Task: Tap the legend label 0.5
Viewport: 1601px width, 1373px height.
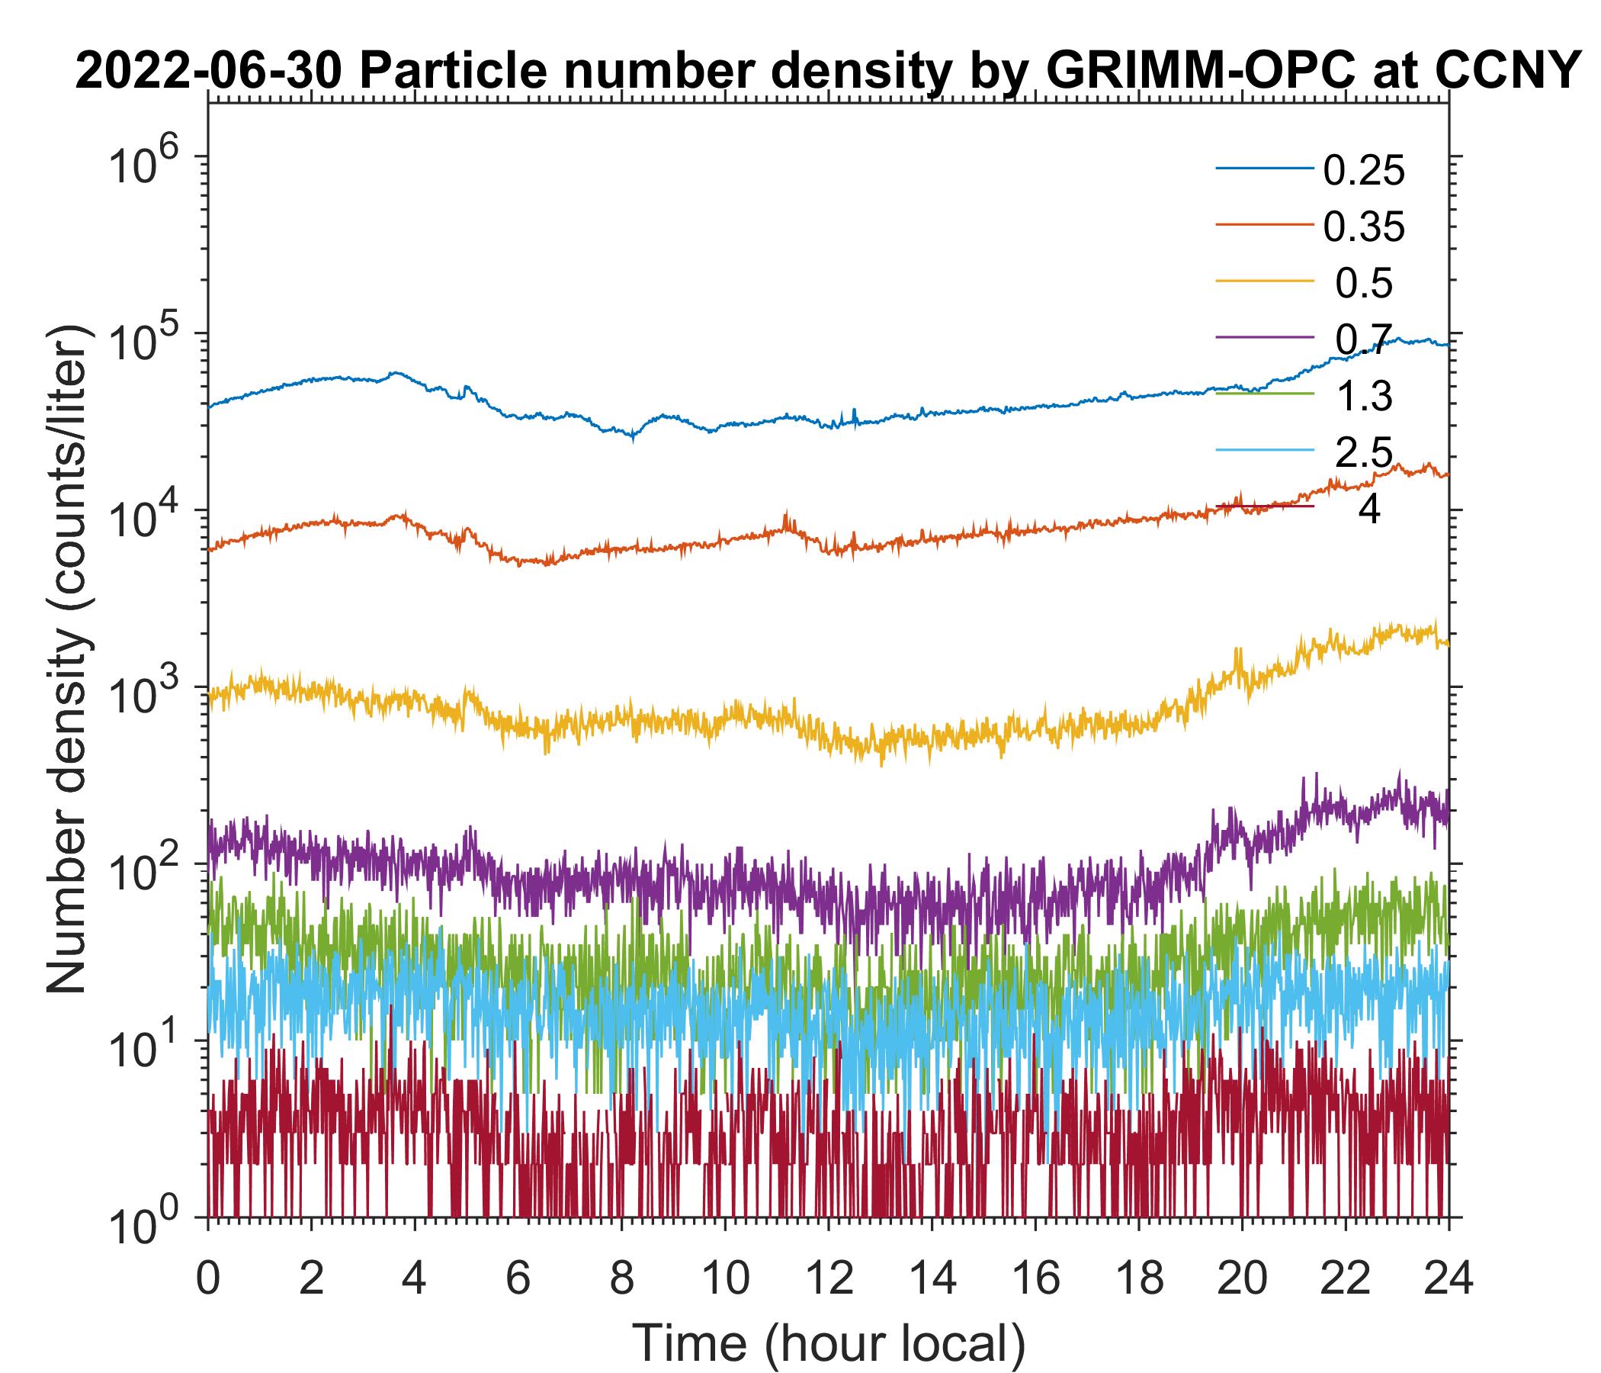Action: [x=1364, y=284]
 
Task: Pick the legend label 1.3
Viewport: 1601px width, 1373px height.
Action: [x=1364, y=397]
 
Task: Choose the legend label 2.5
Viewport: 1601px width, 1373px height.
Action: [x=1364, y=453]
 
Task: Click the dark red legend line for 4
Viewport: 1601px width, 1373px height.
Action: [x=1265, y=506]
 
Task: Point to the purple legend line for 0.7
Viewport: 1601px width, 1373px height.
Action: [x=1265, y=337]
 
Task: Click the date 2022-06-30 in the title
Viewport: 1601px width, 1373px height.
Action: [x=210, y=72]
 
